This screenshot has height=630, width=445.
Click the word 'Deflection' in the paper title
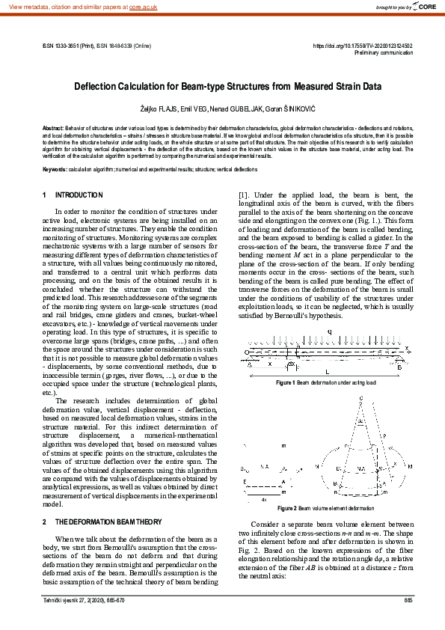coord(99,85)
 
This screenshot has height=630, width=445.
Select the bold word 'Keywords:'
coord(55,168)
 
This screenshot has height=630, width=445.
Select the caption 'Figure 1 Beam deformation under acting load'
coord(326,382)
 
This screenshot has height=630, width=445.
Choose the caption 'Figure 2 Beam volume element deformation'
coord(326,508)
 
